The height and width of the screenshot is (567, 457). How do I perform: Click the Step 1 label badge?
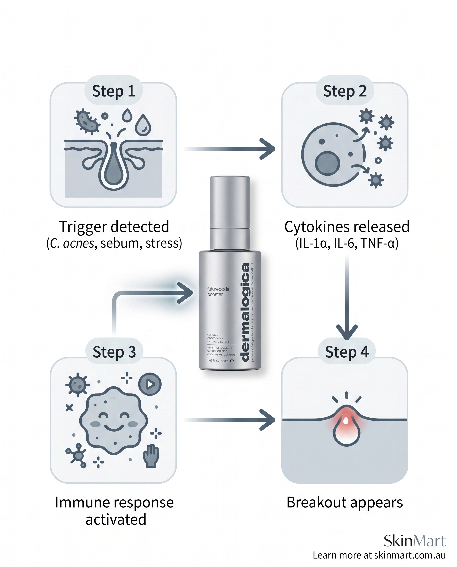(114, 91)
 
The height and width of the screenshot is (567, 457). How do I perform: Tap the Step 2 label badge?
(344, 91)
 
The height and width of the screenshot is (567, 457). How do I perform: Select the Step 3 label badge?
(114, 352)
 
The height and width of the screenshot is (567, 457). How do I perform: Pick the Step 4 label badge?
(346, 352)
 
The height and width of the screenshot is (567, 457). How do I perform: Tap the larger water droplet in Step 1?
(143, 125)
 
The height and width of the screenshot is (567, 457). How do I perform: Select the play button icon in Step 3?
(150, 384)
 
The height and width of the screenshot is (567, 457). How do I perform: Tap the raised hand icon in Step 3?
(151, 456)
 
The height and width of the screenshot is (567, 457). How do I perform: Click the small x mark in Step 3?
(69, 408)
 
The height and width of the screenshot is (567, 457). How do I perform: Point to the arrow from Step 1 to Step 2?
(229, 149)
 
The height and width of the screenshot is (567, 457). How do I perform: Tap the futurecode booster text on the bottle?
(218, 292)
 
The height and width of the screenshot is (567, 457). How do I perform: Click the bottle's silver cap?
(229, 200)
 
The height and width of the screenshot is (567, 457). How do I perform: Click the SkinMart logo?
(415, 541)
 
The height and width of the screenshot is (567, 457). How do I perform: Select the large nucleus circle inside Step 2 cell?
(327, 163)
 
